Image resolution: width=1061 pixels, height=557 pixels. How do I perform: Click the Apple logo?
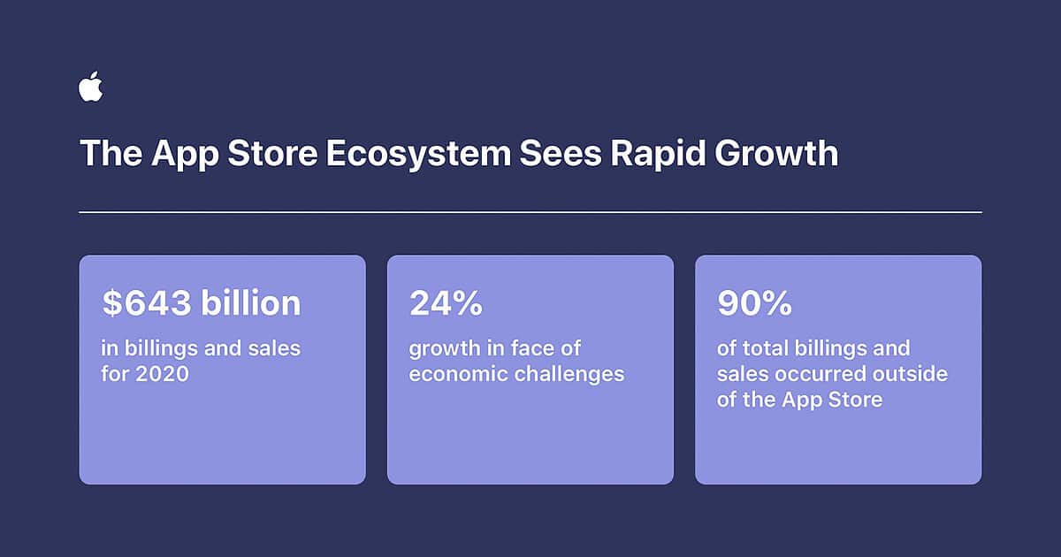coord(90,88)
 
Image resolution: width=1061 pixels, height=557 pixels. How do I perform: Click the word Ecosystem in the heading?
coord(417,154)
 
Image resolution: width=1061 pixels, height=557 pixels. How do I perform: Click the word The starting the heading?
coord(111,154)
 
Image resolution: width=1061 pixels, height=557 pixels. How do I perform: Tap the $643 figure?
coord(145,303)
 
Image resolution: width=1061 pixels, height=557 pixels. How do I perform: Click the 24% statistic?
coord(446,303)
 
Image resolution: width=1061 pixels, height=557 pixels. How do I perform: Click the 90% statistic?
coord(753,303)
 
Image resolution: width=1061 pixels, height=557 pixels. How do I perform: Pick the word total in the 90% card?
coord(767,347)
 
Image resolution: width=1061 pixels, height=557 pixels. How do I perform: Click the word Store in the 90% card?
coord(853,399)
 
